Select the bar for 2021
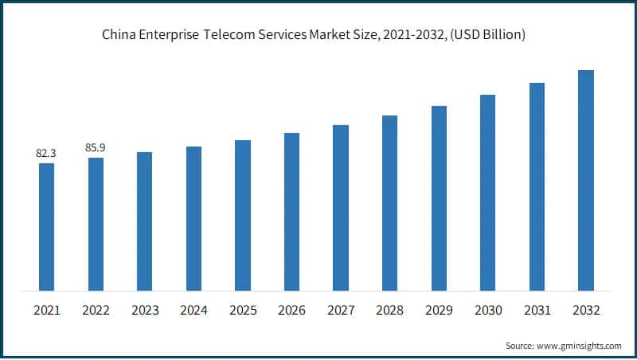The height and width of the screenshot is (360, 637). (47, 226)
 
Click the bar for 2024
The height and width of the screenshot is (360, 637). (193, 218)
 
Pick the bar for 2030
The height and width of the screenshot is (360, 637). (487, 192)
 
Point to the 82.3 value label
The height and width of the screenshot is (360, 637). (47, 151)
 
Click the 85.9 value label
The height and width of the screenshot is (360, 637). (96, 147)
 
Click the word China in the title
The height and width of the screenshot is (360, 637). (118, 35)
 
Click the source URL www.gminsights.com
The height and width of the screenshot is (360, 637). (578, 346)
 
